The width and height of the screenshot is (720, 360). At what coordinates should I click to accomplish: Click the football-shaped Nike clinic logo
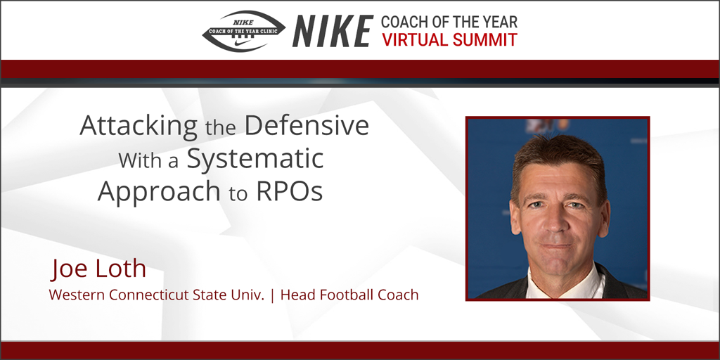tap(243, 31)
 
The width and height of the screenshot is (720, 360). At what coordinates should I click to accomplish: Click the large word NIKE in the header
tap(332, 31)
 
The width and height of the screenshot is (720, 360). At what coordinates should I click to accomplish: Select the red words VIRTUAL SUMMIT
tap(449, 40)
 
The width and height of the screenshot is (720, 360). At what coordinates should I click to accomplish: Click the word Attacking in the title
tap(139, 127)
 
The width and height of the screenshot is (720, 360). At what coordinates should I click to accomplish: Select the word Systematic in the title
tap(255, 159)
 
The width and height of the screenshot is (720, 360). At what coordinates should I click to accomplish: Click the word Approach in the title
tap(159, 191)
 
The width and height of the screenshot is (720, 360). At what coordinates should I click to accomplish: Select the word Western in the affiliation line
tap(75, 295)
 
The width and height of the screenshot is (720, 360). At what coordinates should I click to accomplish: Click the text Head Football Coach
tap(349, 295)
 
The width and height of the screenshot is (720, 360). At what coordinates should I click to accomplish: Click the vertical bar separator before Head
tap(272, 295)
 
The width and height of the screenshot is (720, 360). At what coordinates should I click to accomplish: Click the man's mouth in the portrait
tap(556, 247)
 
